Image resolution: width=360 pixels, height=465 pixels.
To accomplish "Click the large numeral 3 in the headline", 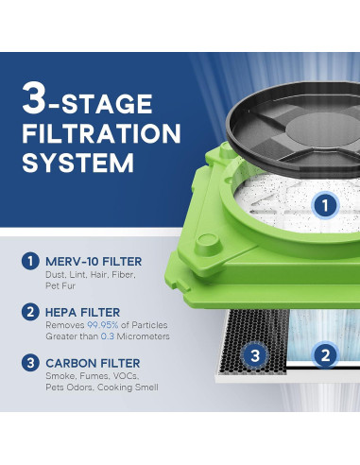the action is (34, 98).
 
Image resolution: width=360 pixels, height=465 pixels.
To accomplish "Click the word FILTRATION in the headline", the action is (101, 133).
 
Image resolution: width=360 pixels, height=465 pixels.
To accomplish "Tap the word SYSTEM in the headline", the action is (78, 163).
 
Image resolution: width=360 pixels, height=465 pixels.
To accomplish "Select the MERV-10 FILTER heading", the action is (94, 262).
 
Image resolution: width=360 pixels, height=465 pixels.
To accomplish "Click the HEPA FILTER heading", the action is (83, 312).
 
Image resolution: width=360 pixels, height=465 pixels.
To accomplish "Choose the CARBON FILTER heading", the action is (93, 363).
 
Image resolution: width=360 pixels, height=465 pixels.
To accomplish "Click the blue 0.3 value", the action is (108, 336).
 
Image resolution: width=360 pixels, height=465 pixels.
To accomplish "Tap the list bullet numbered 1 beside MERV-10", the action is (30, 261).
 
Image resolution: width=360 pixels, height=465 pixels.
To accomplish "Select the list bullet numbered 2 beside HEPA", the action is (30, 312).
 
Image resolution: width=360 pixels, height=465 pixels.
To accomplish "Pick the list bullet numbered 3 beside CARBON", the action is (30, 363).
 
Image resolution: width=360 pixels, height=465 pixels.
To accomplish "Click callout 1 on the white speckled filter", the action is (325, 205).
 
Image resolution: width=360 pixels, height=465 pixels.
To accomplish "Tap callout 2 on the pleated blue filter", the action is (325, 355).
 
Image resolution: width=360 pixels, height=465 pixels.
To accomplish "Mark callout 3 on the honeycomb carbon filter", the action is (255, 355).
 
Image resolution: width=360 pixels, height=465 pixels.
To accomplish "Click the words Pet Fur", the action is (60, 286).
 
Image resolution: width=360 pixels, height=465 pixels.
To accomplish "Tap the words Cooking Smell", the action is (128, 387).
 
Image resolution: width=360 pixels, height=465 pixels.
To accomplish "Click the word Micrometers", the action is (144, 336).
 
